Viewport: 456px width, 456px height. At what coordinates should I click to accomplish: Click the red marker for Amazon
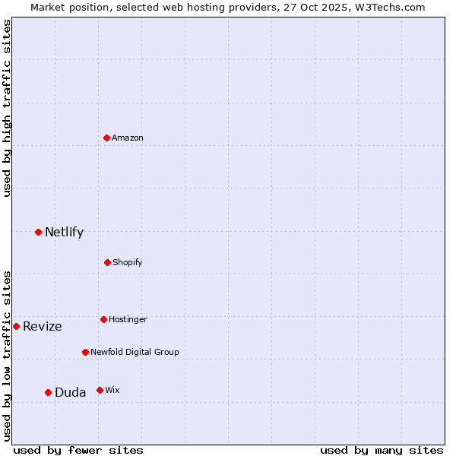click(107, 138)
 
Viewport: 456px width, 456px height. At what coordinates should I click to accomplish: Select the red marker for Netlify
click(38, 232)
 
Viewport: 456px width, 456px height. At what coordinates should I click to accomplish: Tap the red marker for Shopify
click(107, 262)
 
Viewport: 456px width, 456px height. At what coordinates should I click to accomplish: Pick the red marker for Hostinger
click(103, 319)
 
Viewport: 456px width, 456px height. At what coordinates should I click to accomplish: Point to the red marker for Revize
click(16, 326)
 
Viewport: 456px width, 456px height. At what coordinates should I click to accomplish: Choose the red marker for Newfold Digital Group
click(85, 352)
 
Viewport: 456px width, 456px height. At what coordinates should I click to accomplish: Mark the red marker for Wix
click(100, 390)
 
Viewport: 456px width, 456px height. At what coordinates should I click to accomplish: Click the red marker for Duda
click(48, 392)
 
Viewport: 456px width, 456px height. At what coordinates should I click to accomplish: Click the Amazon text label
click(128, 138)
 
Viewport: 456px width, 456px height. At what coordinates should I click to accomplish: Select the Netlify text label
click(64, 232)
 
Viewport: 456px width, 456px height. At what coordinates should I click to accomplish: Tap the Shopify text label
click(128, 262)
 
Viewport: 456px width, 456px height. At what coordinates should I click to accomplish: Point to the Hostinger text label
click(128, 319)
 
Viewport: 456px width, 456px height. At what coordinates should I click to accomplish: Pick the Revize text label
click(43, 326)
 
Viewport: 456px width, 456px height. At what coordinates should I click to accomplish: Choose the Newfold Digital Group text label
click(135, 352)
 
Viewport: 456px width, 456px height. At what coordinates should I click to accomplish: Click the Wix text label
click(112, 390)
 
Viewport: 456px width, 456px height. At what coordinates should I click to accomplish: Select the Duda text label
click(70, 392)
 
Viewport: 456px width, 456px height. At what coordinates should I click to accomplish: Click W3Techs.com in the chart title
click(388, 7)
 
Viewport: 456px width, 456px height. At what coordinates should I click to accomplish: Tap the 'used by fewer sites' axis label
click(78, 450)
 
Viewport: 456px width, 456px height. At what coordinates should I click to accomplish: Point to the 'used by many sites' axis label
click(382, 450)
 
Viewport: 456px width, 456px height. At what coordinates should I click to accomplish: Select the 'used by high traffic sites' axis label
click(8, 108)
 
